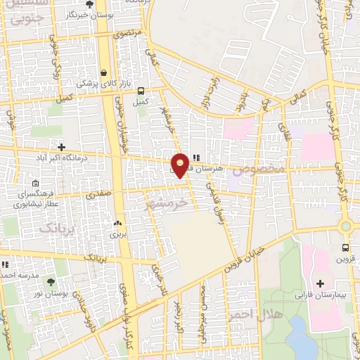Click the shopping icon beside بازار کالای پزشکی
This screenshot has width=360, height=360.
[104, 72]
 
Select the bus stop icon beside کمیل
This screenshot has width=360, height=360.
[141, 91]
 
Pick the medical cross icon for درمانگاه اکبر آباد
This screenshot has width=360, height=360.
[63, 147]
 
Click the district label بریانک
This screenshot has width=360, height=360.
[56, 228]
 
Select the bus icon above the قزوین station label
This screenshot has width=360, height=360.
[345, 247]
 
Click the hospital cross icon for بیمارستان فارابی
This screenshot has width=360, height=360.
[321, 283]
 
